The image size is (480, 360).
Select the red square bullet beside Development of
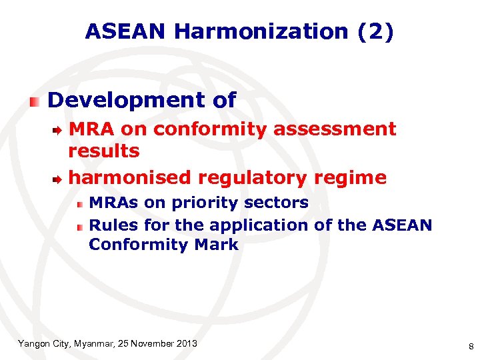(35, 101)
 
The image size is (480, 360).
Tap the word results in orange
(104, 151)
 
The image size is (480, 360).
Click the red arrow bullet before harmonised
(59, 179)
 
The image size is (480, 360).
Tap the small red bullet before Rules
(79, 227)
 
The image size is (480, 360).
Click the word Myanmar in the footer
(91, 343)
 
